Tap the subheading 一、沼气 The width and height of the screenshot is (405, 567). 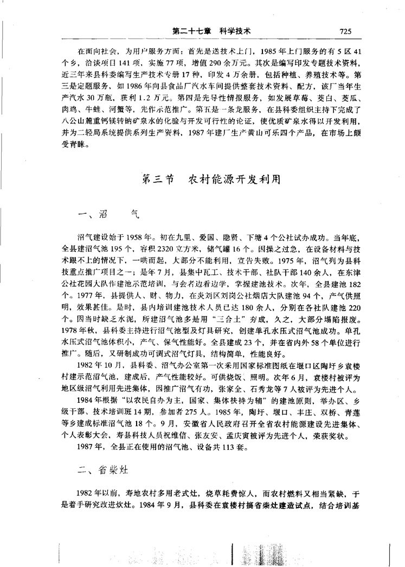(x=108, y=214)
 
